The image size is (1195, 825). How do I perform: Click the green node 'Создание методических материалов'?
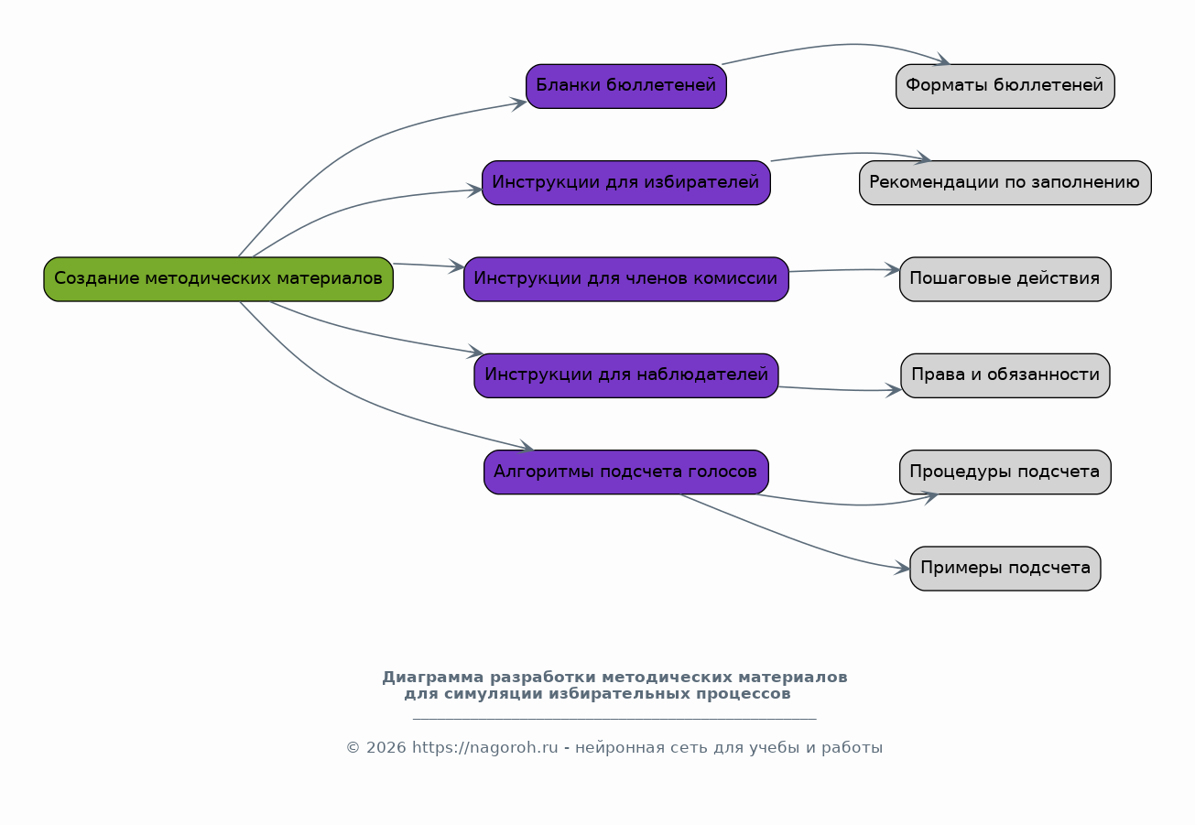click(x=218, y=279)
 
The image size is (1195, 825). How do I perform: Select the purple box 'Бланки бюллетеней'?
click(x=625, y=86)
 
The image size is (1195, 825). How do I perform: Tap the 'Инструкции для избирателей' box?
click(x=625, y=183)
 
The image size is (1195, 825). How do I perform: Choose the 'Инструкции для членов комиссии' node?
click(x=625, y=279)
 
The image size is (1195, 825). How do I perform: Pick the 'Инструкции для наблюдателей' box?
click(x=625, y=375)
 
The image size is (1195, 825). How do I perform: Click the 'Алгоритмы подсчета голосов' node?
click(x=625, y=472)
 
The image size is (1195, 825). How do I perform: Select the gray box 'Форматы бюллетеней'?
click(x=1005, y=86)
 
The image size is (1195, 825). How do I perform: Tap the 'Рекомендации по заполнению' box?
click(x=1005, y=183)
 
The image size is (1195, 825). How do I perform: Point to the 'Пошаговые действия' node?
click(x=1005, y=279)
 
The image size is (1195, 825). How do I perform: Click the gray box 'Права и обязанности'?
click(x=1005, y=375)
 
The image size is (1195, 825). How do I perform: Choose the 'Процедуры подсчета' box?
click(x=1005, y=472)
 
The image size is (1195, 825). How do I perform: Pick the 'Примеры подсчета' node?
click(x=1005, y=569)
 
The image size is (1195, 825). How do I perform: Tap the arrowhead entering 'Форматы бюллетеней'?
click(x=942, y=60)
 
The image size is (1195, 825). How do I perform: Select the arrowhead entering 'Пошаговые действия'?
click(x=893, y=270)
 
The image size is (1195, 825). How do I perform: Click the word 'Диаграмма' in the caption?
click(x=432, y=678)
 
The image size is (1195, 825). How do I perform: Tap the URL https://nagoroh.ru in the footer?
click(x=485, y=748)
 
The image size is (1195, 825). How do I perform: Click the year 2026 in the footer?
click(x=386, y=748)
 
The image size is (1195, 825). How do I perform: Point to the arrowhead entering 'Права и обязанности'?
click(x=894, y=390)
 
